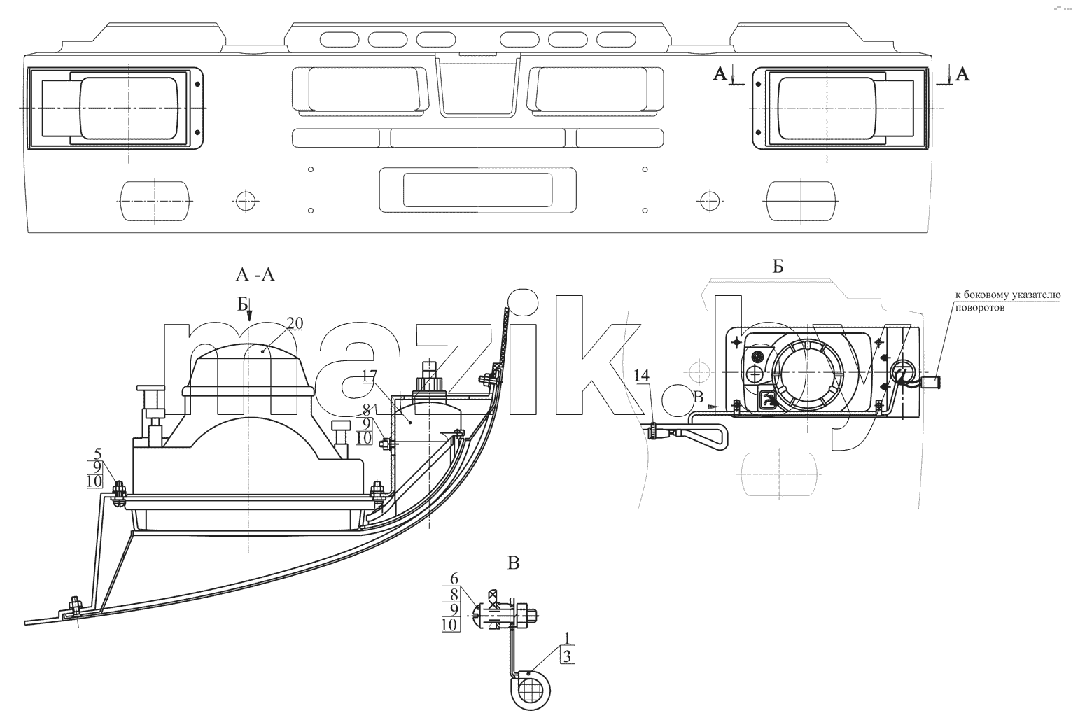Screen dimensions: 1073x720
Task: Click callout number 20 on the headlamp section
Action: (x=295, y=324)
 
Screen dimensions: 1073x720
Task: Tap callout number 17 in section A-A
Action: (x=369, y=376)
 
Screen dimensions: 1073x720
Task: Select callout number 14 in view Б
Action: (x=641, y=375)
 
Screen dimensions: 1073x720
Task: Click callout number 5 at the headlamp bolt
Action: (x=98, y=453)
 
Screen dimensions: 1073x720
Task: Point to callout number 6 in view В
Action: (x=454, y=578)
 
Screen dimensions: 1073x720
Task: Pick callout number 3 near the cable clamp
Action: (x=567, y=656)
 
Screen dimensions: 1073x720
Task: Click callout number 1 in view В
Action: (x=567, y=638)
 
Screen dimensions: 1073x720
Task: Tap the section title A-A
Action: (x=255, y=275)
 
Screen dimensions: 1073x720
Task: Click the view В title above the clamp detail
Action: (x=514, y=563)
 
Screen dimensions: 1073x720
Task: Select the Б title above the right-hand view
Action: (x=778, y=267)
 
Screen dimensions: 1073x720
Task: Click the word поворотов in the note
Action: (x=980, y=308)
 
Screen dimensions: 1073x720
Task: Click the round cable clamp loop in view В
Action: (x=531, y=690)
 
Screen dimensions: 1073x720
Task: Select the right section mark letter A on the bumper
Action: (x=962, y=74)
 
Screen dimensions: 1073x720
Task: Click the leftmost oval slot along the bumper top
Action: (x=339, y=40)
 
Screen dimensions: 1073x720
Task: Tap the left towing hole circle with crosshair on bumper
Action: (x=246, y=201)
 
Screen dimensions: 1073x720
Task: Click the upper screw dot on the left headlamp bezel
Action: (x=197, y=84)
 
